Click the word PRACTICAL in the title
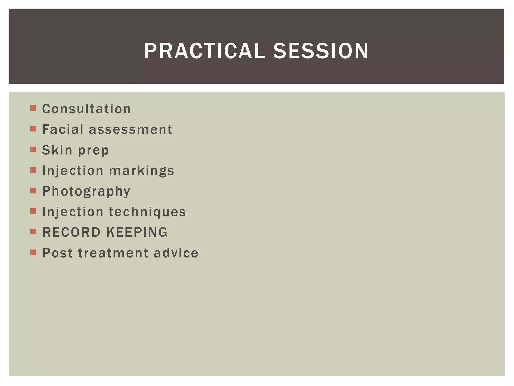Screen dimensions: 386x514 pyautogui.click(x=204, y=51)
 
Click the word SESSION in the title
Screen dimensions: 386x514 pyautogui.click(x=321, y=51)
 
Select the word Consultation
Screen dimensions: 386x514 pyautogui.click(x=86, y=109)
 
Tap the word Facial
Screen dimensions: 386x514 pyautogui.click(x=62, y=130)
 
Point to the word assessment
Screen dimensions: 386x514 pyautogui.click(x=131, y=130)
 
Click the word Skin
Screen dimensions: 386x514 pyautogui.click(x=57, y=150)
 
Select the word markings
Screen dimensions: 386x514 pyautogui.click(x=142, y=171)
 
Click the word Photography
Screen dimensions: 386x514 pyautogui.click(x=86, y=191)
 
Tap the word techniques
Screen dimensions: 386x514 pyautogui.click(x=147, y=212)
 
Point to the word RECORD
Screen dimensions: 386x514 pyautogui.click(x=71, y=232)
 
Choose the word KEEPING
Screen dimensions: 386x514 pyautogui.click(x=137, y=232)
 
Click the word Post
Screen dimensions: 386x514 pyautogui.click(x=57, y=253)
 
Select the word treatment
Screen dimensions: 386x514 pyautogui.click(x=113, y=253)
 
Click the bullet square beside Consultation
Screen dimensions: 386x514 pyautogui.click(x=33, y=108)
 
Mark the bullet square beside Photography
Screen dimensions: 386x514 pyautogui.click(x=33, y=190)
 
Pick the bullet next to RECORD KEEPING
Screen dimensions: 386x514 pyautogui.click(x=33, y=232)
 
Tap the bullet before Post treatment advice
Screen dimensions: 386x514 pyautogui.click(x=33, y=252)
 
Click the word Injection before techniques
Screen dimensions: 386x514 pyautogui.click(x=73, y=212)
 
